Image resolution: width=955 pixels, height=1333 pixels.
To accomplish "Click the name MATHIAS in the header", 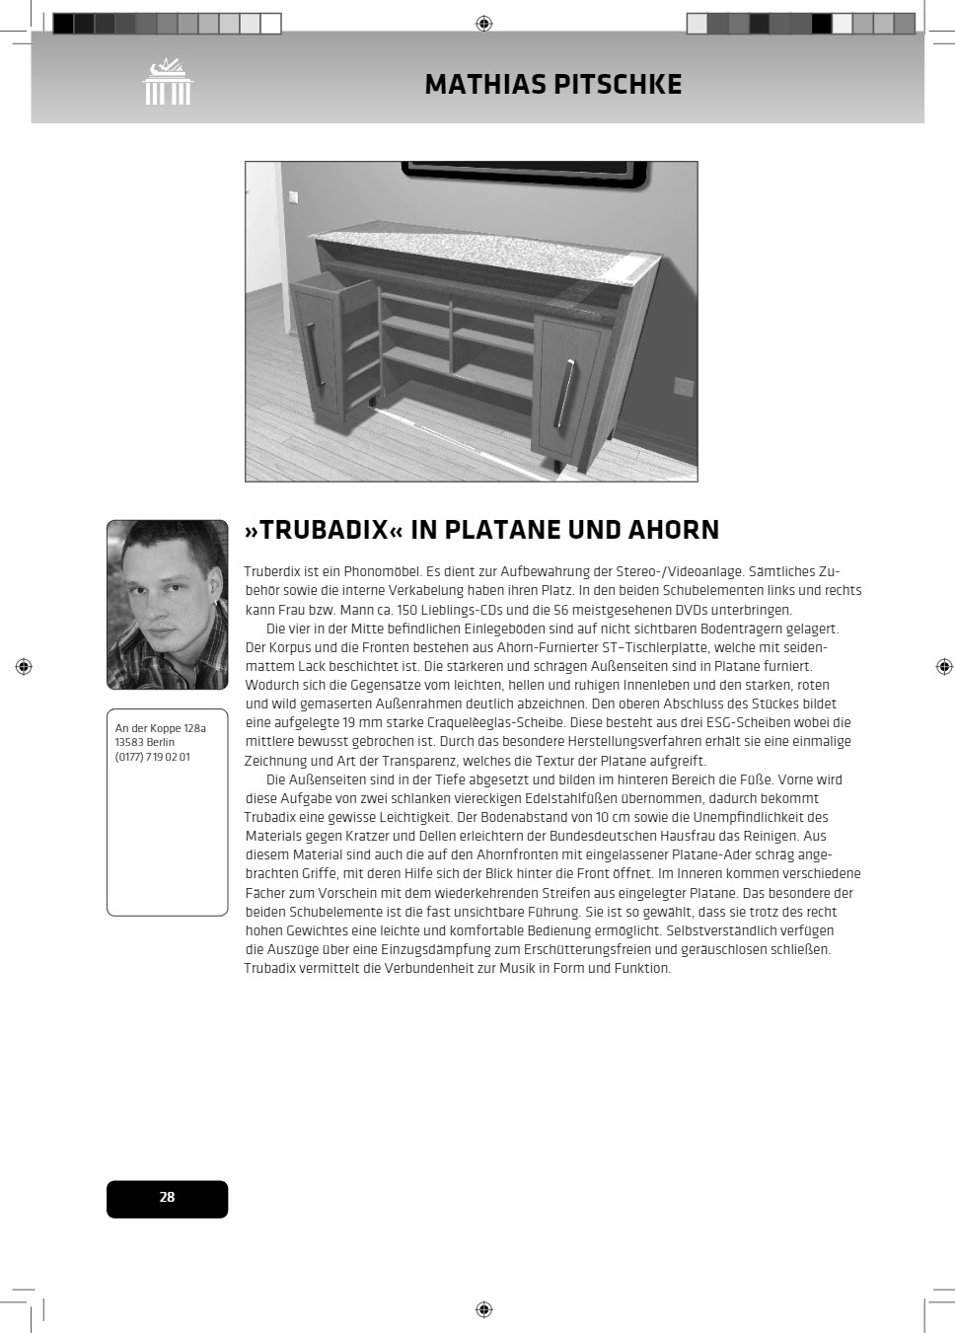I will [x=484, y=85].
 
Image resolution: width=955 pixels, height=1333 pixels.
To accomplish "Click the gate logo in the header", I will [x=168, y=82].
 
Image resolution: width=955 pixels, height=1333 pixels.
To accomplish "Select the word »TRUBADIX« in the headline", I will [x=324, y=530].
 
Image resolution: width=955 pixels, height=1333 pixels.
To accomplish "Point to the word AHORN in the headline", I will [x=674, y=530].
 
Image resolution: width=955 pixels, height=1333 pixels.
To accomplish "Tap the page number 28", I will [x=167, y=1197].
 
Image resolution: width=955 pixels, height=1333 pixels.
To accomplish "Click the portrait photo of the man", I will [x=167, y=604].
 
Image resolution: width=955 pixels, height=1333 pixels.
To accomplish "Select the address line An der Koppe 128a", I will [x=161, y=728].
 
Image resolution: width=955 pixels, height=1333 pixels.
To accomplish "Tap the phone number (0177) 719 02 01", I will [x=153, y=757].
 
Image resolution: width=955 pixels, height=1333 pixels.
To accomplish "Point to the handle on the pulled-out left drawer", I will [x=312, y=354].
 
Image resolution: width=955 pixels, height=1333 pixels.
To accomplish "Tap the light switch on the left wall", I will [x=293, y=196].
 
